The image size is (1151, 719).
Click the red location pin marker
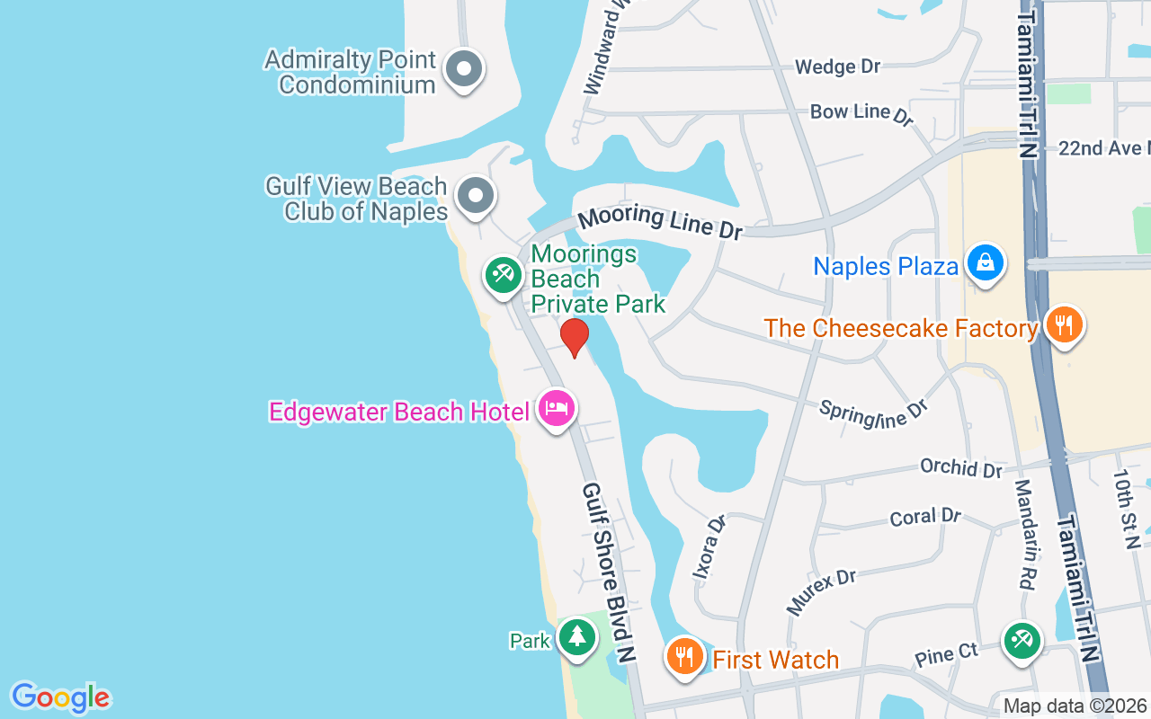tap(574, 337)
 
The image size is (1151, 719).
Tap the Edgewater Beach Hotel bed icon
tap(557, 409)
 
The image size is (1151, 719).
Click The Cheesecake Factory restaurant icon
tap(1064, 324)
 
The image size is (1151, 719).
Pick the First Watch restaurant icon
tap(684, 657)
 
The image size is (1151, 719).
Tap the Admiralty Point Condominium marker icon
tap(465, 69)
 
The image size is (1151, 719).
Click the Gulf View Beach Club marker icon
tap(475, 195)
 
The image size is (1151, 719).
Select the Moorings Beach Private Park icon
tap(502, 275)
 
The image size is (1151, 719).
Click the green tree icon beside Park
tap(575, 637)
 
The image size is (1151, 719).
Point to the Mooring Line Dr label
tap(659, 222)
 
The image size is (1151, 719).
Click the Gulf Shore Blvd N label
tap(609, 573)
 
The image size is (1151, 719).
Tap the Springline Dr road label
tap(872, 413)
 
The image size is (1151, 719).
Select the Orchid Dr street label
tap(960, 468)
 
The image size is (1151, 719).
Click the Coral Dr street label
tap(925, 518)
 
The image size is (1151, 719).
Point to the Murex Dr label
tap(822, 590)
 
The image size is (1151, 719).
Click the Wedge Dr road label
tap(837, 67)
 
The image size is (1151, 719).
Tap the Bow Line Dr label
tap(861, 112)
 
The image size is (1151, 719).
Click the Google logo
tap(60, 697)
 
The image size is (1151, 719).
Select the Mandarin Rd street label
tap(1024, 534)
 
